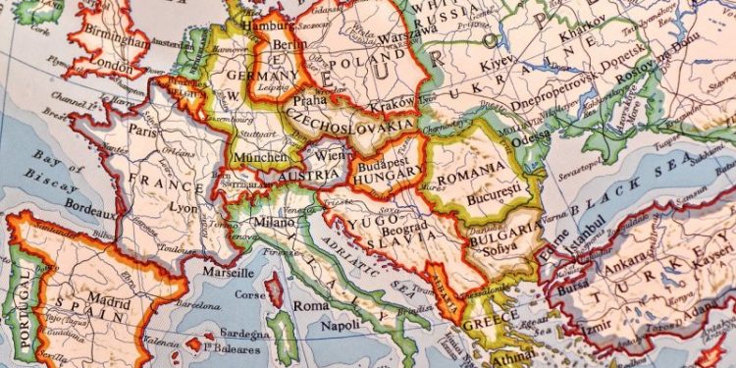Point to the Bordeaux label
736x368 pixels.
pos(91,208)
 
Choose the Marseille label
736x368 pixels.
pos(229,271)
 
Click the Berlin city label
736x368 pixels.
pos(284,44)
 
